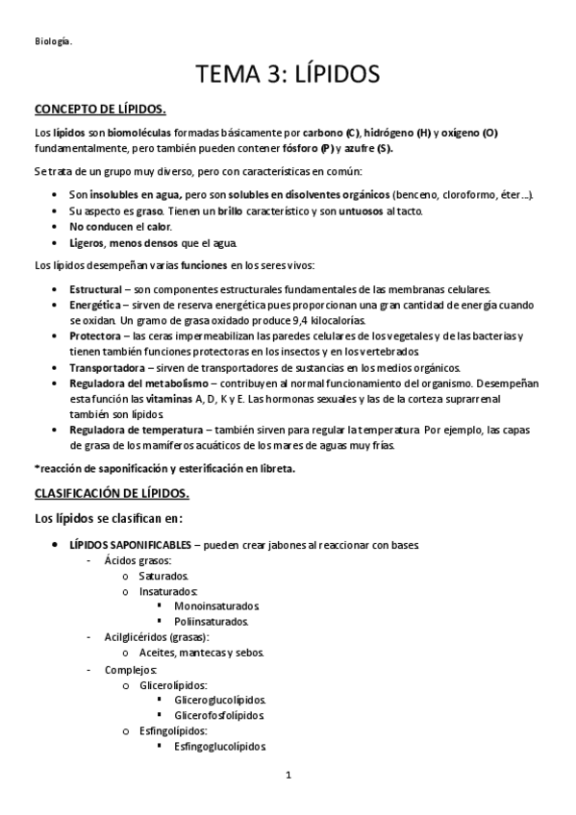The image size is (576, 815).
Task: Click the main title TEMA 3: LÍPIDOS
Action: pyautogui.click(x=288, y=73)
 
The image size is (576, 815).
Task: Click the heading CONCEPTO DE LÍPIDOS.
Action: pyautogui.click(x=100, y=108)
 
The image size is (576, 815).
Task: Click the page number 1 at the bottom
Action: pyautogui.click(x=288, y=775)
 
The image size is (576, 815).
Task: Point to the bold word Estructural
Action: pyautogui.click(x=95, y=289)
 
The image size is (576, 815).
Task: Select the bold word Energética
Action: pyautogui.click(x=94, y=305)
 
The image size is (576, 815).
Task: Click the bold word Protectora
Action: pyautogui.click(x=95, y=335)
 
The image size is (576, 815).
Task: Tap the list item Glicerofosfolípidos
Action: pyautogui.click(x=219, y=715)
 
